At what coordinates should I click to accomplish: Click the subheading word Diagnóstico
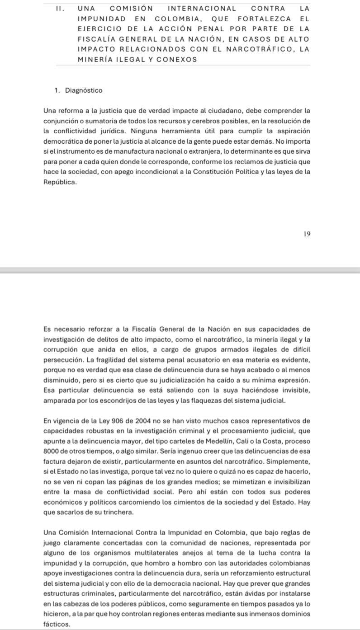84,90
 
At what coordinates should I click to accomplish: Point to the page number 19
307,234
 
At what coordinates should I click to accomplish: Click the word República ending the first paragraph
60,182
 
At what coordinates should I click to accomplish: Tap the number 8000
52,451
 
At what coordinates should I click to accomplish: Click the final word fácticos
57,624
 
